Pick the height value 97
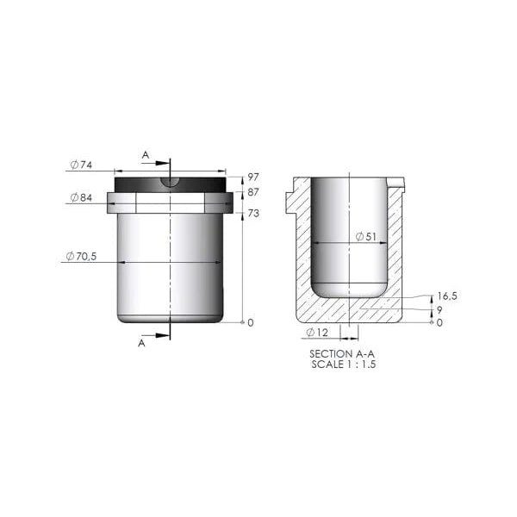253,178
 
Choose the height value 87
253,193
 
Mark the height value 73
253,212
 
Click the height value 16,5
445,295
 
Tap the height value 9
439,309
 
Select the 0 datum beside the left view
251,322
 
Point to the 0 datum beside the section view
439,322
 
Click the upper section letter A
145,155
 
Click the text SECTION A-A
343,354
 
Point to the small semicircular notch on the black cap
171,181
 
